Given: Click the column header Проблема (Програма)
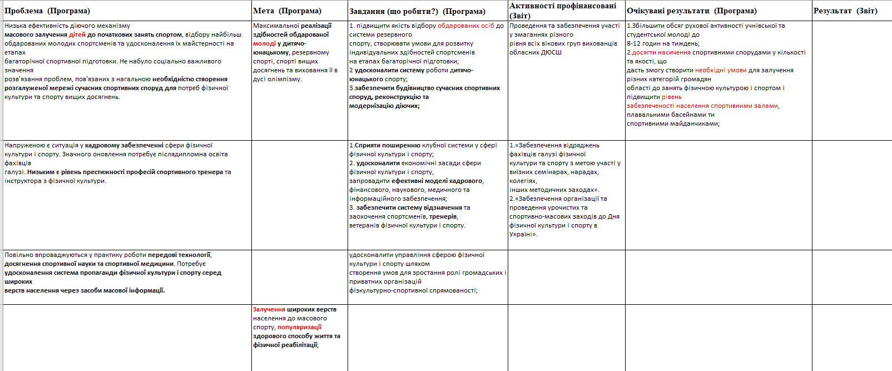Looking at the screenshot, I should click(47, 11).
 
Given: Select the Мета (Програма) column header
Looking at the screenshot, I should click(287, 11).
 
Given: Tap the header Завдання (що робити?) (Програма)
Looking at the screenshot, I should click(417, 12).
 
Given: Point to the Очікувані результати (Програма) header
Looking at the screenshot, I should click(691, 11).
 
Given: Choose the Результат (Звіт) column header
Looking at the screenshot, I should click(845, 11).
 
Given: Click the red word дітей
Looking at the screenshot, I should click(77, 34).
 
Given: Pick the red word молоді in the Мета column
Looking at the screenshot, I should click(264, 43).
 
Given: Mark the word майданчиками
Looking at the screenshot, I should click(697, 123).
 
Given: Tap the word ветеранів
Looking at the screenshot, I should click(364, 225).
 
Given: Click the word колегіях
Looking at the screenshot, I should click(523, 181).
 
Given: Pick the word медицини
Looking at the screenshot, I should click(158, 264).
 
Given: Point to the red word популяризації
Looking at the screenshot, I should click(299, 327).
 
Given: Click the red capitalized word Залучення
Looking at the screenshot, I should click(269, 309).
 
